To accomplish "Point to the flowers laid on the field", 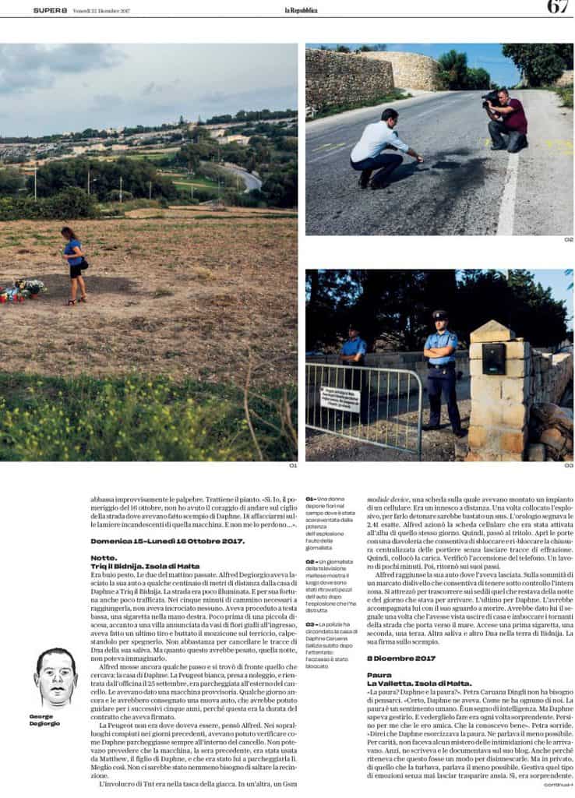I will (23, 289).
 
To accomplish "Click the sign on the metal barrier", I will (340, 398).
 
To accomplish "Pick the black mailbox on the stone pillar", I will (493, 358).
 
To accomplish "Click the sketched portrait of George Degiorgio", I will (56, 677).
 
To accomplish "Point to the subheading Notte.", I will (102, 557).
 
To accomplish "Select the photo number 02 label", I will (568, 239).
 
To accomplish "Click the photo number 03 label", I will (568, 465).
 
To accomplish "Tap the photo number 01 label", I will (292, 465).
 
